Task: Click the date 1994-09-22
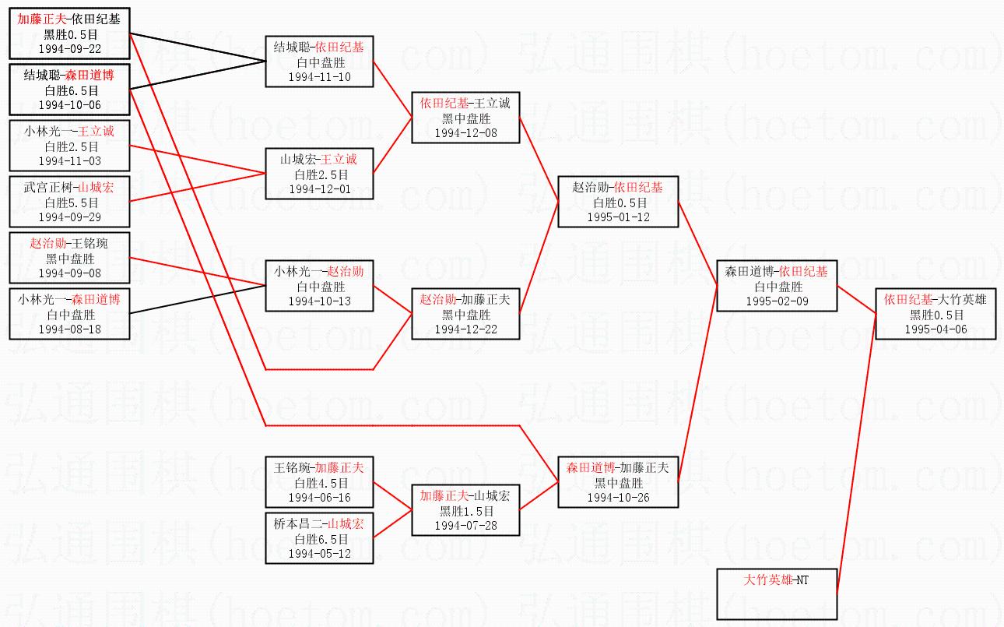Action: tap(70, 48)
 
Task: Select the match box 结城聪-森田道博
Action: tap(70, 90)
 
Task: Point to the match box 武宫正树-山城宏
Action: tap(70, 202)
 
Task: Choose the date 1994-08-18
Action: tap(70, 329)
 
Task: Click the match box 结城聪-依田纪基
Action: tap(319, 62)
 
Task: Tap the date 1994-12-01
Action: tap(319, 188)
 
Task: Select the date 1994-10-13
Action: tap(319, 301)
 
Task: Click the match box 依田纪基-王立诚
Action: tap(465, 118)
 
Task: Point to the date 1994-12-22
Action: tap(465, 329)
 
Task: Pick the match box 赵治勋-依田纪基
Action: tap(618, 202)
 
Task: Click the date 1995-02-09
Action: tap(777, 301)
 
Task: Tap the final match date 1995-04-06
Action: tap(936, 329)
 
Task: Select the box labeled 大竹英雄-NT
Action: tap(777, 594)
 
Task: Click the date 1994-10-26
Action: tap(618, 498)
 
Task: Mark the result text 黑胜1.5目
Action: tap(465, 511)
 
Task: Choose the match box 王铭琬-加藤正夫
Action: tap(319, 483)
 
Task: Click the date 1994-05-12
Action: tap(319, 554)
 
